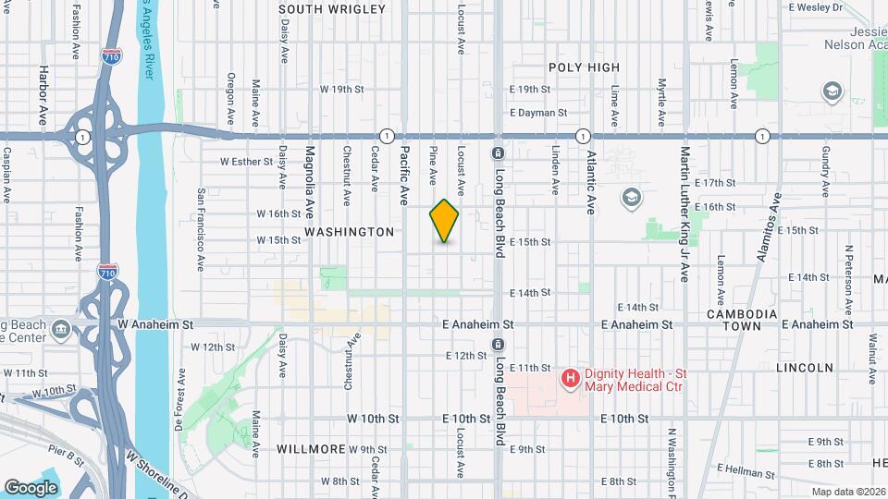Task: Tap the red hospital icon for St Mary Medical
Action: point(571,378)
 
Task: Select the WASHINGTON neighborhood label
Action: point(349,232)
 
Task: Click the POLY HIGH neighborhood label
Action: point(584,67)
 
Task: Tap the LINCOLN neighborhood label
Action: point(805,368)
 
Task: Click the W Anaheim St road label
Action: point(155,325)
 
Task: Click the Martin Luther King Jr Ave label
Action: point(685,213)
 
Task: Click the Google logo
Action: point(31,487)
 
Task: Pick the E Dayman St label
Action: point(537,113)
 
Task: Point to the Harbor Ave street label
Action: point(43,95)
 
